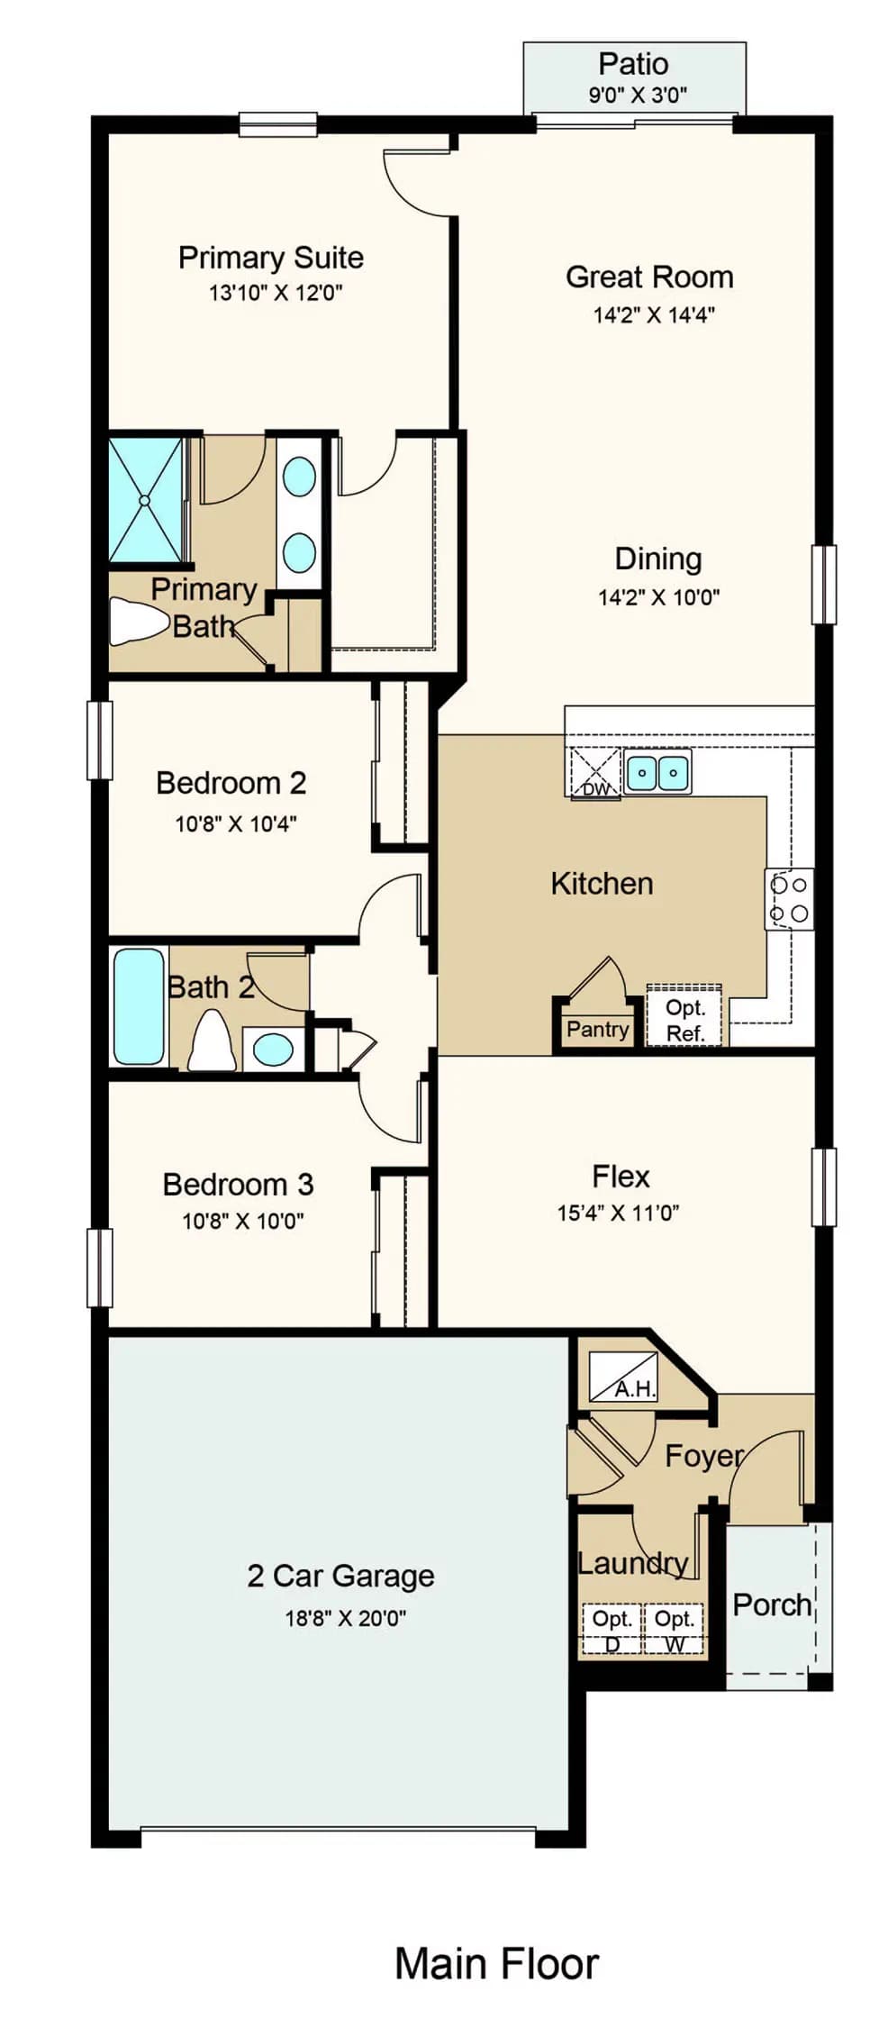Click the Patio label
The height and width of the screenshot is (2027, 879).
[633, 64]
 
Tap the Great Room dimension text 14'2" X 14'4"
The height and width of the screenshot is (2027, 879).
[654, 314]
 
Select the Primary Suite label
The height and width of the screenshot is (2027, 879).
[271, 258]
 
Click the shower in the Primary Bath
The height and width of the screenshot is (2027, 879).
[145, 500]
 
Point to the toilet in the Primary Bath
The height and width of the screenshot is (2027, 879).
[140, 622]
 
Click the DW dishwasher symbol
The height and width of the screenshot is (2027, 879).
[595, 773]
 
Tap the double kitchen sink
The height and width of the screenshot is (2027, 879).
[658, 772]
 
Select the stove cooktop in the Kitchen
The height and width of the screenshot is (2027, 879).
[790, 898]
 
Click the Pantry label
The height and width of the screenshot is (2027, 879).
[597, 1029]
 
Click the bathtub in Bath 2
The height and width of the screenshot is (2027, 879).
[139, 1005]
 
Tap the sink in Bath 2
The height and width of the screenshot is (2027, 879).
[273, 1050]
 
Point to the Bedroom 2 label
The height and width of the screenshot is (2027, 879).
[231, 783]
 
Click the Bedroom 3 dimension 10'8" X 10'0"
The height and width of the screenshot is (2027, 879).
[243, 1221]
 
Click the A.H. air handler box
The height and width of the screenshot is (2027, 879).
[623, 1376]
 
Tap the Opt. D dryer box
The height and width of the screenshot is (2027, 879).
[612, 1630]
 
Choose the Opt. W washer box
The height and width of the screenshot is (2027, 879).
[674, 1630]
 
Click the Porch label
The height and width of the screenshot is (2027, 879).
[773, 1604]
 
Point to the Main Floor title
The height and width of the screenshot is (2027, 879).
[496, 1963]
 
